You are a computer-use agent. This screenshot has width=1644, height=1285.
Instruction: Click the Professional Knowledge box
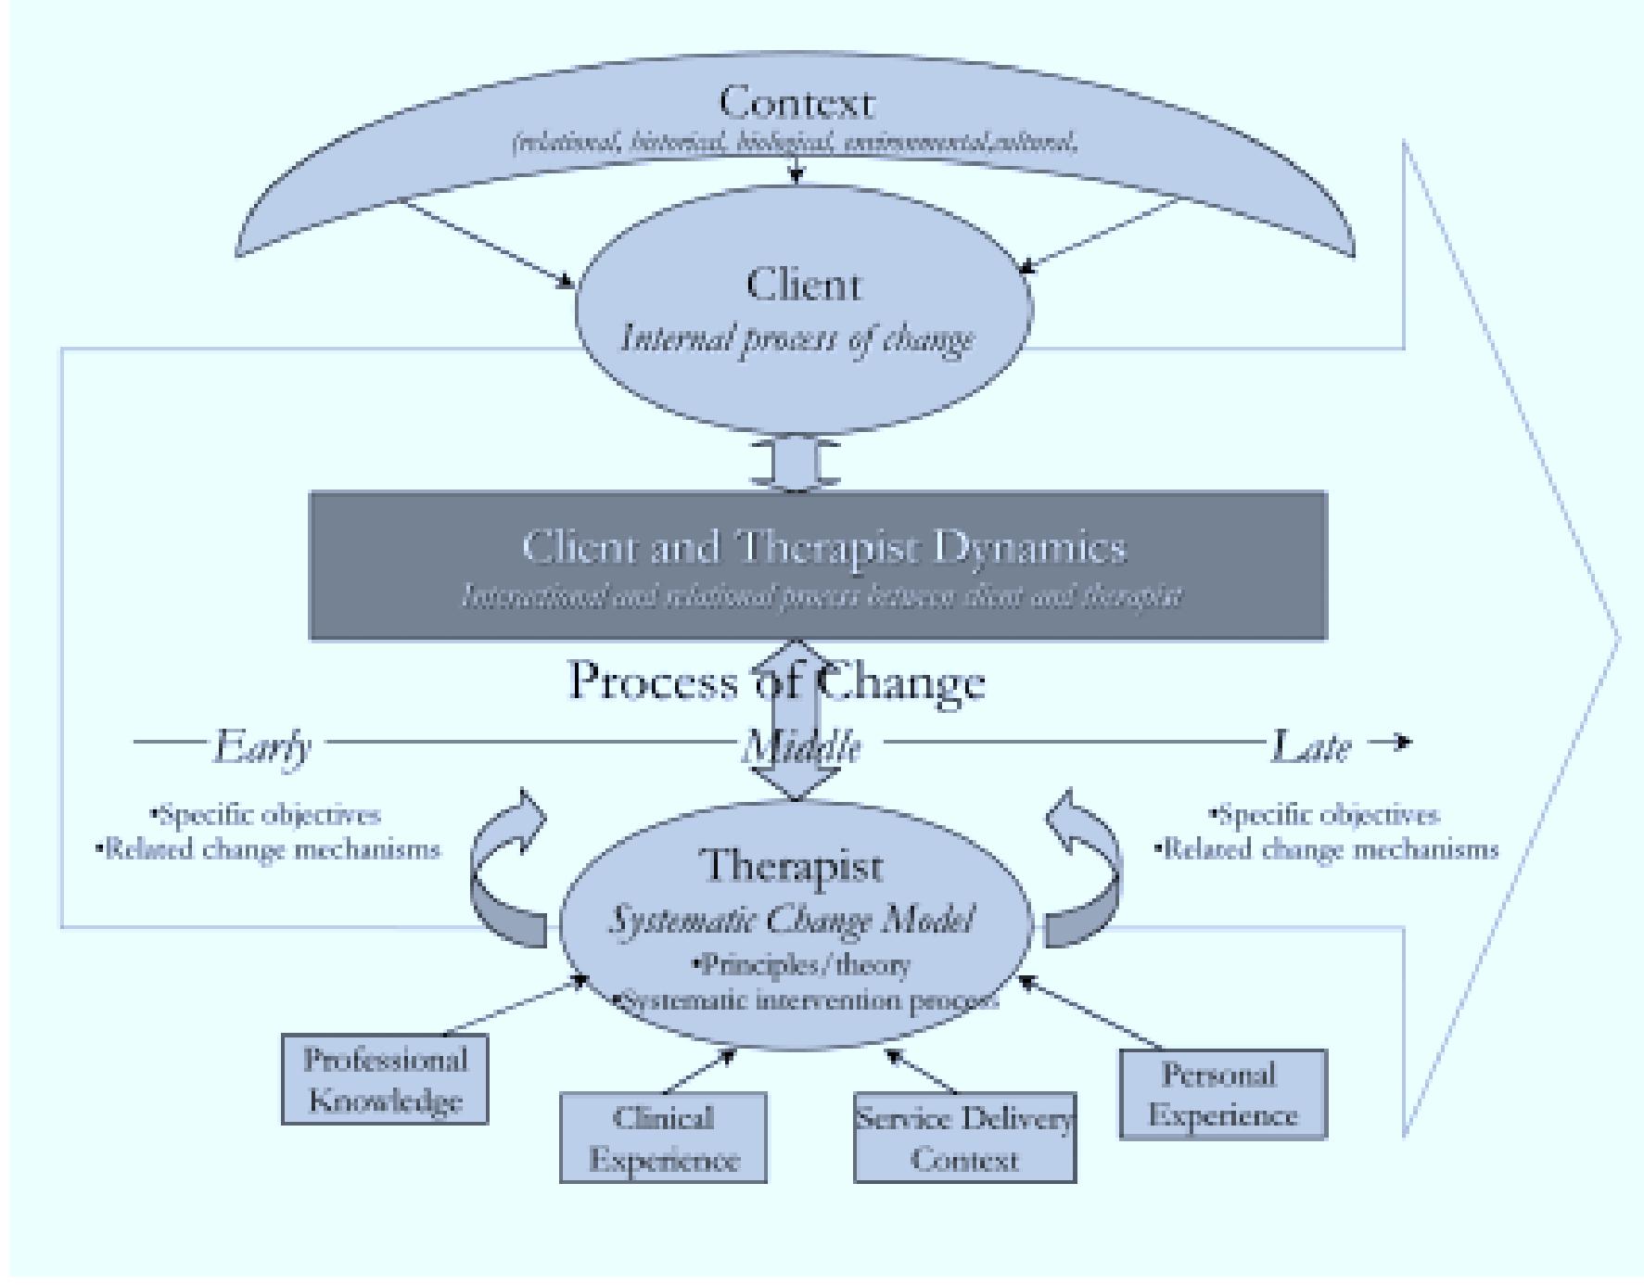385,1080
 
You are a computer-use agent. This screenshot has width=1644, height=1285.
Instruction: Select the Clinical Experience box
663,1138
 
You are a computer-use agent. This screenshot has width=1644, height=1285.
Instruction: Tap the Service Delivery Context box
964,1138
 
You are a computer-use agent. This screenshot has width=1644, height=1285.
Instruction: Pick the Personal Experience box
1222,1094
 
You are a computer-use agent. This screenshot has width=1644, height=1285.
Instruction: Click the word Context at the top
796,103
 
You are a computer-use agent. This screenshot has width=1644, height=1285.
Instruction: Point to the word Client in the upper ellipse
803,285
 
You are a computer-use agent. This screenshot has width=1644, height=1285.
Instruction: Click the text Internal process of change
797,339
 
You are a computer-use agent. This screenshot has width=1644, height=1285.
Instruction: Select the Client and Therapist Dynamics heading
823,547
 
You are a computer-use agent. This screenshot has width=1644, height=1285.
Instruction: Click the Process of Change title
777,682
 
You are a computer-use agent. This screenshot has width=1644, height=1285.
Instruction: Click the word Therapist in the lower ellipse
794,866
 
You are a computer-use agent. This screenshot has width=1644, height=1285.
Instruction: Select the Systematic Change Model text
791,921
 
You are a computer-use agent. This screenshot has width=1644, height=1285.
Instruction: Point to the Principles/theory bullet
803,965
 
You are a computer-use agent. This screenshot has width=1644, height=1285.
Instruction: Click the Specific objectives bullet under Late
1326,815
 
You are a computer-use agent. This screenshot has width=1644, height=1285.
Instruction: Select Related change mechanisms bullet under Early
269,849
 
